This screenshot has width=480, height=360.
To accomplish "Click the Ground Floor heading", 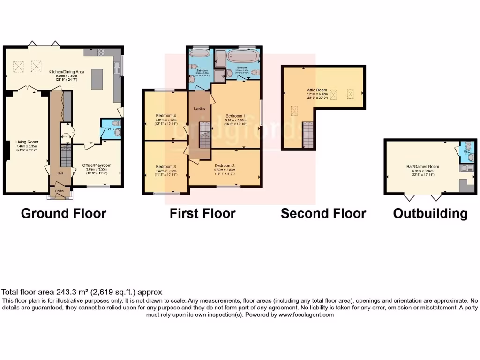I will point(64,214).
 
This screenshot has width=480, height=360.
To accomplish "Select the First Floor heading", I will point(202,214).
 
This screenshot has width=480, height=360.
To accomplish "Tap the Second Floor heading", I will point(323,214).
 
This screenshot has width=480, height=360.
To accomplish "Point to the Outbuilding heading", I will point(430,214).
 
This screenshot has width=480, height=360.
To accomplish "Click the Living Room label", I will point(27,142).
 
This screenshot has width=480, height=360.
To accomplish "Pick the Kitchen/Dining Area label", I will point(67,72).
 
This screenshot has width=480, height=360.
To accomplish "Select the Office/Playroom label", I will point(97,165).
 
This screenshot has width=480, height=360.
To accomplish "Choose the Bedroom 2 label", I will point(225,165).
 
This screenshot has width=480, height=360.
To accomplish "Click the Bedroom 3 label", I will point(166,167).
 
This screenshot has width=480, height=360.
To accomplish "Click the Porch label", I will point(60,191).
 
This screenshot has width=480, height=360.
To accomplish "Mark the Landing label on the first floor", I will point(199,109).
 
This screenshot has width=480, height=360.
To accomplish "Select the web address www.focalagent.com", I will point(306,315).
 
